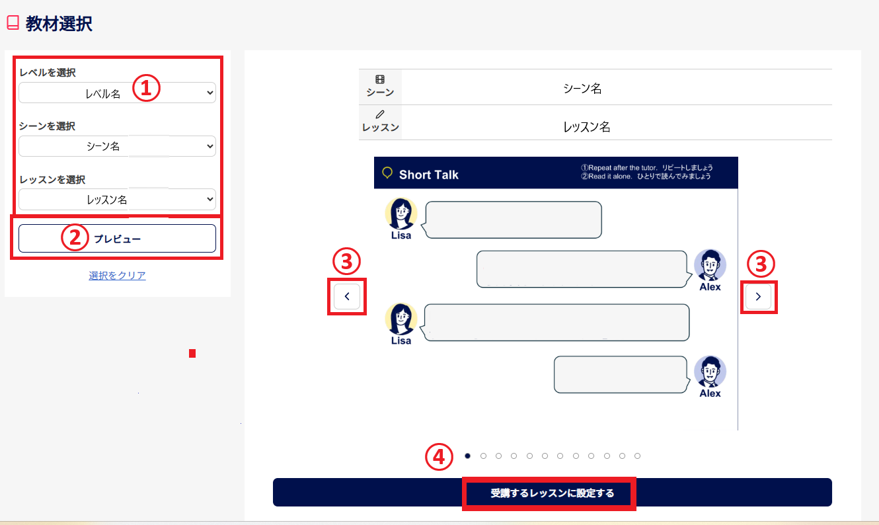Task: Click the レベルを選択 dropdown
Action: [117, 93]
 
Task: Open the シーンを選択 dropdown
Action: [117, 146]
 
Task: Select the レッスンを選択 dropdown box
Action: [117, 200]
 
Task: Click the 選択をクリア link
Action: [117, 275]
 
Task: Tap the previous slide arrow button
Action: [347, 296]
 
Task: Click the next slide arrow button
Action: [758, 296]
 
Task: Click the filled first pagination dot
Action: [467, 456]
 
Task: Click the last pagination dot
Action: [637, 456]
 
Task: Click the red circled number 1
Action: [146, 87]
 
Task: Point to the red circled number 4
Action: [439, 457]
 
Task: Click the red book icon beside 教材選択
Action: [13, 22]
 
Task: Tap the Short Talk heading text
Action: [428, 175]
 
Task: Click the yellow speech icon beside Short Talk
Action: [387, 173]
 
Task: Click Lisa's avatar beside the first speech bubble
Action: [401, 214]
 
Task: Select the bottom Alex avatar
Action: [710, 372]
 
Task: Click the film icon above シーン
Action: [380, 79]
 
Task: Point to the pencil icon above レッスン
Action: [380, 114]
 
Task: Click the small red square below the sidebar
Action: [192, 353]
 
